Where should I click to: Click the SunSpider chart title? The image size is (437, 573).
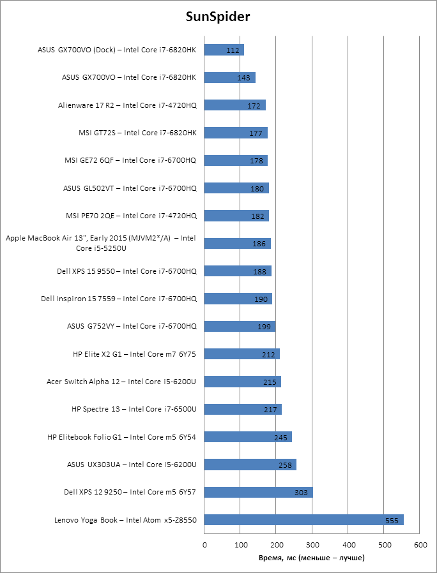pyautogui.click(x=218, y=17)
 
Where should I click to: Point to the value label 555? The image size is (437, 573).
pyautogui.click(x=392, y=521)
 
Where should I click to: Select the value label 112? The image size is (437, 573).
pyautogui.click(x=233, y=50)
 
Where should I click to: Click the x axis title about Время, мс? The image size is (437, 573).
pyautogui.click(x=312, y=558)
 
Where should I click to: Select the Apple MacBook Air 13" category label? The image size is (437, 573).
pyautogui.click(x=101, y=243)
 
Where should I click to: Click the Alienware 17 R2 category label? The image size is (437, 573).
pyautogui.click(x=127, y=105)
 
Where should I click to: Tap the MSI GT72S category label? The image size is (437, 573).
pyautogui.click(x=137, y=133)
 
